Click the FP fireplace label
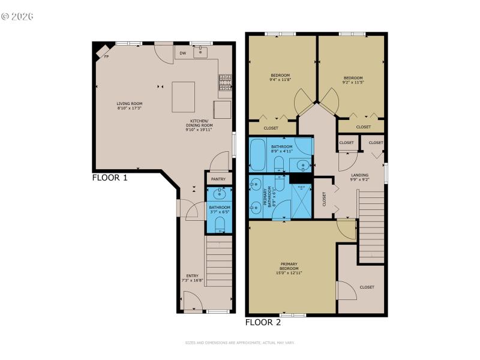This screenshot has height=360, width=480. [x=106, y=56]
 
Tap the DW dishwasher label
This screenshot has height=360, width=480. [x=182, y=53]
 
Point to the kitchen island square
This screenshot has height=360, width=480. [x=183, y=97]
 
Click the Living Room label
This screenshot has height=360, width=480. [x=129, y=106]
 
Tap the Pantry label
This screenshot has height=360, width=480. [x=218, y=178]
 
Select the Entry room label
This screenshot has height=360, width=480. [x=192, y=277]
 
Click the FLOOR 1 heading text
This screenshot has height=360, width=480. [x=109, y=178]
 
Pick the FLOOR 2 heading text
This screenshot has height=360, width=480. [x=263, y=322]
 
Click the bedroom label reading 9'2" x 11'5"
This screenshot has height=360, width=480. [x=353, y=79]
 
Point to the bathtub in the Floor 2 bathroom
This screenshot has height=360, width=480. [x=259, y=154]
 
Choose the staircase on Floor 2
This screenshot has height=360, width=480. [x=371, y=227]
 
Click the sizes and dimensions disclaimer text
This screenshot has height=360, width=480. [x=239, y=343]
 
